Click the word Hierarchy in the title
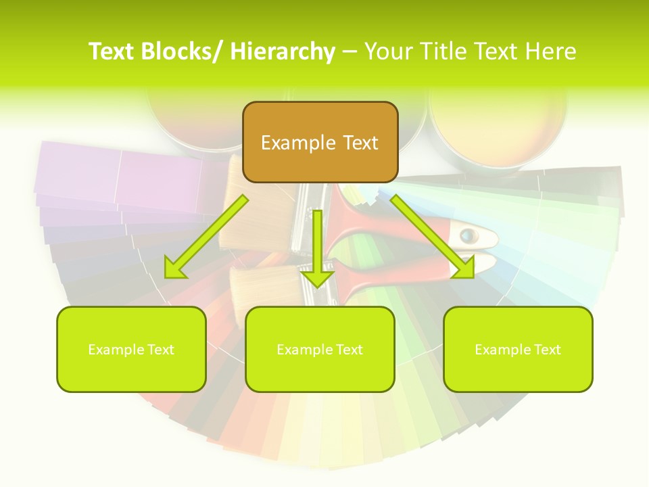(x=283, y=51)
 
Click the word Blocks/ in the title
(x=183, y=51)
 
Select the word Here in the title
(x=552, y=51)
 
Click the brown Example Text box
(x=320, y=142)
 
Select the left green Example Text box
(x=131, y=349)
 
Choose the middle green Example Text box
(x=320, y=349)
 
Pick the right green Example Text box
(x=518, y=349)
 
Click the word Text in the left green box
(x=161, y=350)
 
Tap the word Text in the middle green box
(x=350, y=350)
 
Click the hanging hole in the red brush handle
(x=468, y=236)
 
